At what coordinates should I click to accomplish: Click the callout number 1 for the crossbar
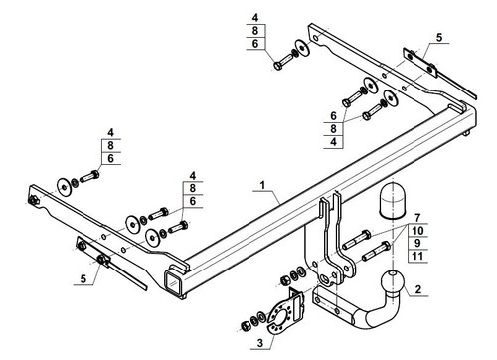click(x=262, y=185)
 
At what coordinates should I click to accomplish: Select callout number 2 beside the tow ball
click(x=418, y=289)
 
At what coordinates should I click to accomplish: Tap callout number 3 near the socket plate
click(x=260, y=343)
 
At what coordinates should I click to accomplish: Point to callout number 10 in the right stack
click(x=417, y=230)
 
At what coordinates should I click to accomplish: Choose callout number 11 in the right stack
click(x=417, y=256)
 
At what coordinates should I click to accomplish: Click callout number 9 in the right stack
click(x=417, y=243)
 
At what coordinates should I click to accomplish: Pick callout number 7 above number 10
click(x=417, y=218)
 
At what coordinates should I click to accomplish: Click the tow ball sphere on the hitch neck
click(x=393, y=282)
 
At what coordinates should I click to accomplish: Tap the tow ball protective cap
click(x=392, y=201)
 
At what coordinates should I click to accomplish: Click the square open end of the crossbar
click(x=172, y=282)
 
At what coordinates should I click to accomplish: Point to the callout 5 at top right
click(x=439, y=37)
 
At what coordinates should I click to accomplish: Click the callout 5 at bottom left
click(x=83, y=279)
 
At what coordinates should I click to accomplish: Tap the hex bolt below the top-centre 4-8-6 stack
click(x=283, y=62)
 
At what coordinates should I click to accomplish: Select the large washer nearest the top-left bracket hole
click(x=302, y=48)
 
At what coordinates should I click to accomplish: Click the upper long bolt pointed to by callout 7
click(x=356, y=239)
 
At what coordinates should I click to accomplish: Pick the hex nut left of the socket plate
click(x=246, y=325)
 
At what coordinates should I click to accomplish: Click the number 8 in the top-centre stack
click(x=254, y=31)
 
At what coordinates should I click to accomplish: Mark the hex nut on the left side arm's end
click(x=33, y=201)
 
